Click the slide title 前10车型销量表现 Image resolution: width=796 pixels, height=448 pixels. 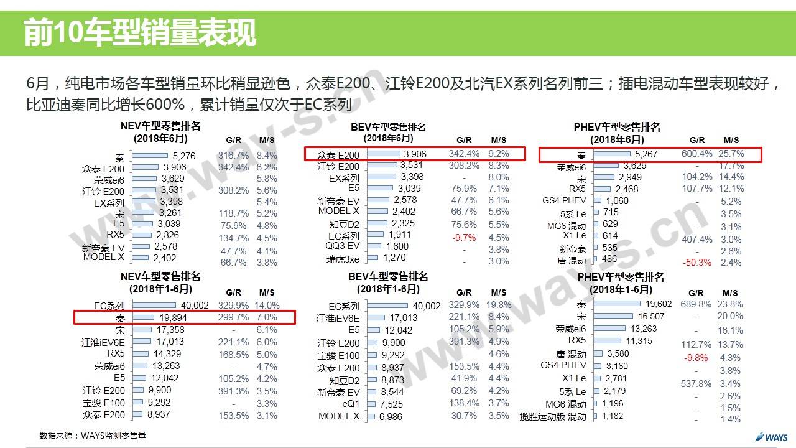[x=140, y=32]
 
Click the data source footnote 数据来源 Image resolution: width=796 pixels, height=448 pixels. [x=93, y=436]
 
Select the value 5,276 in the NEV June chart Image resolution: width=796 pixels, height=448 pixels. [x=184, y=156]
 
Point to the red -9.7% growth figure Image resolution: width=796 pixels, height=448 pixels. [x=465, y=237]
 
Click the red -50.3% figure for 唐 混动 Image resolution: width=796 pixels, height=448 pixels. [x=696, y=263]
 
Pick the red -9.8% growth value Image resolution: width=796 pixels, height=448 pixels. [x=696, y=358]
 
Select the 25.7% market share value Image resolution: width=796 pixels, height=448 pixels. [x=731, y=154]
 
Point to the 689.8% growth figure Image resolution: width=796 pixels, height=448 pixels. [x=696, y=304]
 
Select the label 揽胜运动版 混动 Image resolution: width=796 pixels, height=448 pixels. [x=553, y=416]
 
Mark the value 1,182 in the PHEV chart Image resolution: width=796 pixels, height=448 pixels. [x=612, y=416]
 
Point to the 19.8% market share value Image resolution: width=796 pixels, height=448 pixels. [x=499, y=305]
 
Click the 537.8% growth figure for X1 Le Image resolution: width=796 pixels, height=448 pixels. [x=696, y=384]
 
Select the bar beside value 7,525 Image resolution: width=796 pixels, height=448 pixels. [x=371, y=404]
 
